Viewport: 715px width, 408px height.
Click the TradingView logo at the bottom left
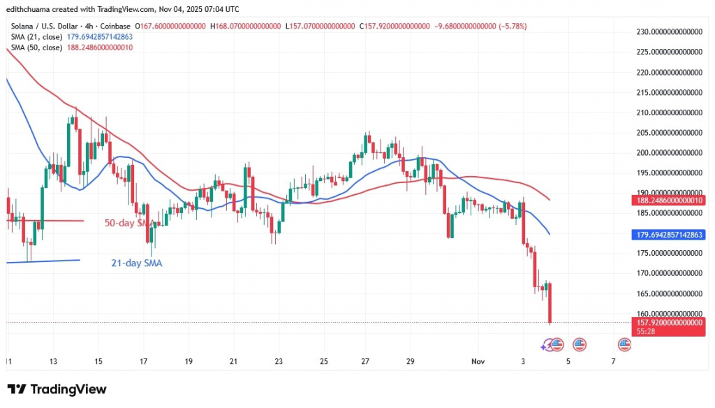point(57,389)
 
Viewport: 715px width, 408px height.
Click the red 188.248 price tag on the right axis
point(668,199)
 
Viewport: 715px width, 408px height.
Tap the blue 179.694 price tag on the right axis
point(668,235)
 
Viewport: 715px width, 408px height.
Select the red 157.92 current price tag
point(668,322)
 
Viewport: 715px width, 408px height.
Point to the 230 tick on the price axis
point(668,32)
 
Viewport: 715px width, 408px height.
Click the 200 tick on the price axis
point(668,153)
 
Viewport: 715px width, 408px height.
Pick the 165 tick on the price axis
point(668,293)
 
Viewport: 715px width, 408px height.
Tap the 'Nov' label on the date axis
point(478,361)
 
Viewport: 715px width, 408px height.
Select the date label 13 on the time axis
point(53,361)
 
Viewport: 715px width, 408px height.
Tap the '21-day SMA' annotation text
point(138,263)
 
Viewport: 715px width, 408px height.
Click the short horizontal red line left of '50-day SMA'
point(45,221)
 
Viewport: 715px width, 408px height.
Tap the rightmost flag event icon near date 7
point(626,344)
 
